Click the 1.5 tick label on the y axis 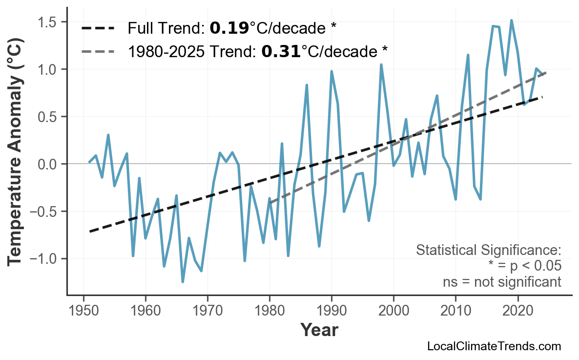[x=49, y=22]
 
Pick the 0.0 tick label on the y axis [x=49, y=164]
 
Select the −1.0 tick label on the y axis [x=45, y=259]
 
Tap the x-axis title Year [x=319, y=331]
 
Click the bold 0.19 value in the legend [x=229, y=29]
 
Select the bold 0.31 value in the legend [x=281, y=51]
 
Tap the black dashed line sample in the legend [x=98, y=29]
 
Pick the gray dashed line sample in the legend [x=98, y=51]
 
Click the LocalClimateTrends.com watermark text [x=494, y=346]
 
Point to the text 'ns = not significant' [x=501, y=282]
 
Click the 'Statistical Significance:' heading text [x=488, y=251]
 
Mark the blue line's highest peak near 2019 [x=511, y=21]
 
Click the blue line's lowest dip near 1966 [x=183, y=282]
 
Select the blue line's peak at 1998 [x=381, y=64]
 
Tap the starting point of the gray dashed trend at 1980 [x=269, y=202]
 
